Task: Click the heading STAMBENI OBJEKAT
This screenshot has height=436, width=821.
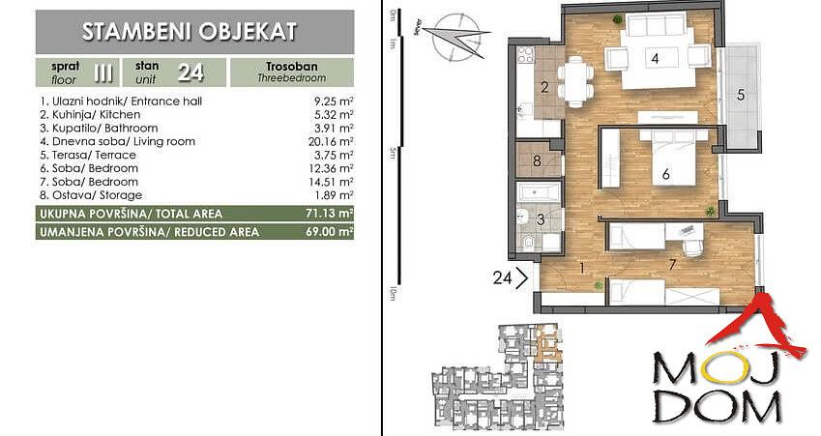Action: click(189, 31)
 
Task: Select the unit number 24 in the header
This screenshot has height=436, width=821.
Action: click(191, 73)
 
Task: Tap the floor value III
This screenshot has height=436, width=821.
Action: click(103, 73)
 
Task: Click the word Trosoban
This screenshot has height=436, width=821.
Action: click(292, 67)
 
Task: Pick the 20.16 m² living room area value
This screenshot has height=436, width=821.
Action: click(331, 141)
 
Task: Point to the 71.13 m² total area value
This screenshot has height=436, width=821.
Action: click(329, 214)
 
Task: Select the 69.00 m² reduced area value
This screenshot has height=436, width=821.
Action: click(329, 231)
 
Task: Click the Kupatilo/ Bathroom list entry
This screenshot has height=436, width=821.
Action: click(99, 129)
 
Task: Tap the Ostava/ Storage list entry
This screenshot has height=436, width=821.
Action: click(91, 195)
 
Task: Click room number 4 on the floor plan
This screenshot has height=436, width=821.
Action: click(655, 59)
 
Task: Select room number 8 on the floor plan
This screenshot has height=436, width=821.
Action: click(537, 160)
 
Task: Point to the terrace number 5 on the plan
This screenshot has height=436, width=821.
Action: click(741, 96)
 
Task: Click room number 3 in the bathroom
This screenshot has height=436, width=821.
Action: click(541, 219)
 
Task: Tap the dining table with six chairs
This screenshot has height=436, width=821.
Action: click(575, 81)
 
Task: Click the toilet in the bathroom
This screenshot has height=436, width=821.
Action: click(528, 243)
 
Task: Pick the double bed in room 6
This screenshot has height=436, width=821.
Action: click(674, 157)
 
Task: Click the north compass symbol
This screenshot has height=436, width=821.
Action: click(454, 37)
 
